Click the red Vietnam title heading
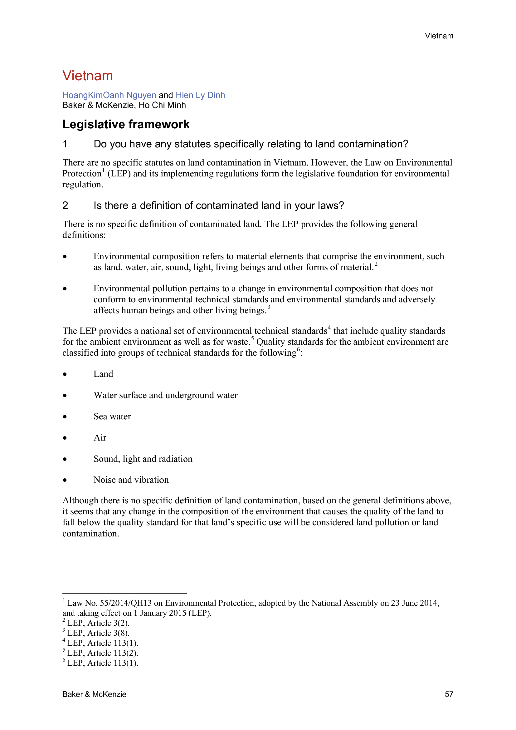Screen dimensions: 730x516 [87, 76]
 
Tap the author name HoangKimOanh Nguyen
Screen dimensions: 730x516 [109, 95]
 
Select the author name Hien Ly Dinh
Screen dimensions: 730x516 [200, 95]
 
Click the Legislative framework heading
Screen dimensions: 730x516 [126, 124]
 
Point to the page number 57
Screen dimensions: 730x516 [449, 694]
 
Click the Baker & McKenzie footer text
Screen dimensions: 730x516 [94, 694]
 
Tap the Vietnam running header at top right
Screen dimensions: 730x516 [439, 36]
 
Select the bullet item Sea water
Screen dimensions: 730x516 [112, 417]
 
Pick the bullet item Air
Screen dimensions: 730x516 [100, 438]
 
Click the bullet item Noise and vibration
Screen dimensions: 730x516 [131, 480]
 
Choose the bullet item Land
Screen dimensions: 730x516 [103, 374]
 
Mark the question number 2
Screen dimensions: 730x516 [65, 206]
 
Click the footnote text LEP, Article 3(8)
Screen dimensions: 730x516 [98, 633]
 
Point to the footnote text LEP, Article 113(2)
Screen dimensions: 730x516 [103, 653]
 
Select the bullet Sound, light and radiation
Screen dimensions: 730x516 [143, 459]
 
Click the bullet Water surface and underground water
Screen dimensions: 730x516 [166, 395]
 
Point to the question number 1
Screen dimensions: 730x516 [65, 144]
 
